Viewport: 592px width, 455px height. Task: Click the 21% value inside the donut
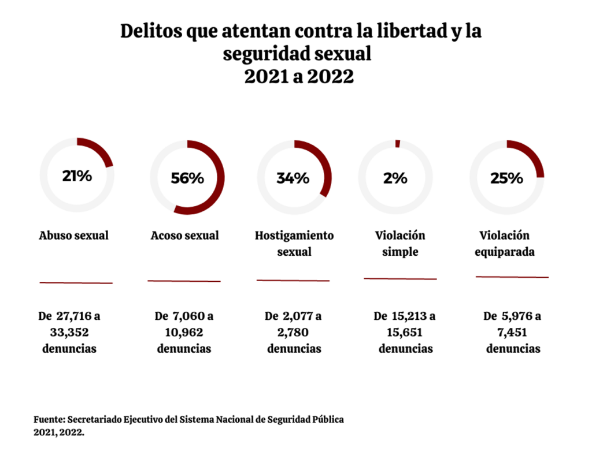click(x=77, y=176)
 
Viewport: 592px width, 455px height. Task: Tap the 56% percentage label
click(x=187, y=178)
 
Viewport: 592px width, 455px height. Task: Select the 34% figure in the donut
click(x=293, y=178)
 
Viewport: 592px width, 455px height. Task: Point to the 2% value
click(x=395, y=178)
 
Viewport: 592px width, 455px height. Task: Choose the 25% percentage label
click(x=506, y=178)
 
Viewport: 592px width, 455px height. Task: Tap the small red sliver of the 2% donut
click(x=397, y=144)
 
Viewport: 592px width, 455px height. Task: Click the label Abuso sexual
click(x=74, y=236)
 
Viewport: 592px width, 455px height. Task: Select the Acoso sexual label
click(x=185, y=236)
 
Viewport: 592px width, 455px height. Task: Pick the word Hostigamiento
click(x=294, y=236)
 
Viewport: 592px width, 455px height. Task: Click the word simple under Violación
click(x=400, y=252)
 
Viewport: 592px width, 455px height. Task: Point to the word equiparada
click(x=504, y=252)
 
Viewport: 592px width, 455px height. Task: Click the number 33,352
click(x=69, y=333)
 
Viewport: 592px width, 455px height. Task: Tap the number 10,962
click(x=184, y=333)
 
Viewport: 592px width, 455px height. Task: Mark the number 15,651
click(x=405, y=333)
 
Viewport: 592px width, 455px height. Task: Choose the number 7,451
click(x=513, y=333)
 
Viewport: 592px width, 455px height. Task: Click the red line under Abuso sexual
click(x=76, y=282)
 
